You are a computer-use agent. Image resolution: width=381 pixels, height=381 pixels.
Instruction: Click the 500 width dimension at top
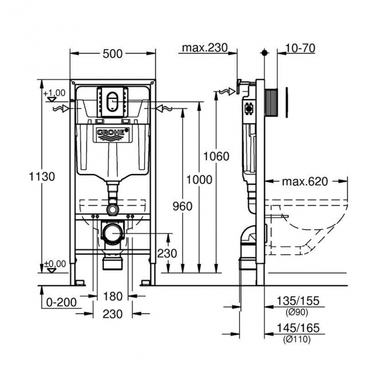coord(113,53)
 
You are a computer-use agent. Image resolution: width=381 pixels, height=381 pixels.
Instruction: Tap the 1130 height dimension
coord(43,176)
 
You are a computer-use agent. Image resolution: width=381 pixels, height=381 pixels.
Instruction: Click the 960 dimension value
coord(183,206)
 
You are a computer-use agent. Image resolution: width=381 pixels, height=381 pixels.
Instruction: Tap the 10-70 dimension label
coord(301,48)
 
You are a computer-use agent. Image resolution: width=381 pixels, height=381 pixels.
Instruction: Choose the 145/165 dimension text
coord(298,329)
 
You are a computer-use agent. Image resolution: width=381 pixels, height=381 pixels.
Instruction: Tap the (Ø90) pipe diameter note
coord(298,312)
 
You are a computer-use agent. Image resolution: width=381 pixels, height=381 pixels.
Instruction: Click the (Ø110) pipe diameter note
coord(298,339)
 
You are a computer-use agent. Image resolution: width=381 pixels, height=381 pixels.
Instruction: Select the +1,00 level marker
coord(55,93)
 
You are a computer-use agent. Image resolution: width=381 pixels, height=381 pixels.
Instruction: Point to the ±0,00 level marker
coord(55,264)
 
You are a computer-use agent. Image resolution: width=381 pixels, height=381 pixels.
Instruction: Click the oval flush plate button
coord(113,100)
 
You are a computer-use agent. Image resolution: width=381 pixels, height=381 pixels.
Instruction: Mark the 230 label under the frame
coord(113,314)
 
